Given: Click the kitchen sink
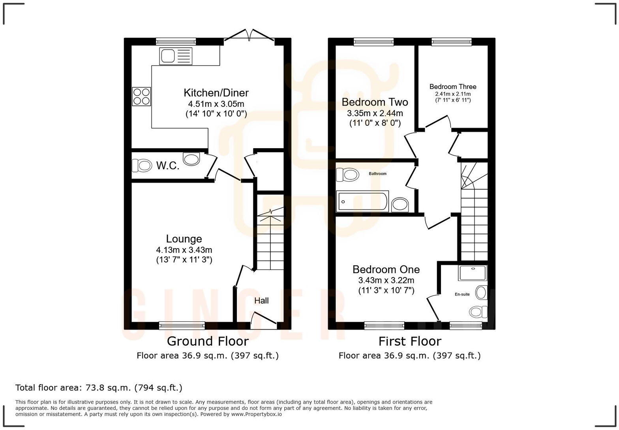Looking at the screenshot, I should point(176,56).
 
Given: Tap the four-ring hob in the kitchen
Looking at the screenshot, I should point(142,96).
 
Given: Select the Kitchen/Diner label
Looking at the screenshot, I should point(216,93).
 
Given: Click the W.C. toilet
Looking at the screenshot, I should point(142,165).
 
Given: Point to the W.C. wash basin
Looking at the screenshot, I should point(192,159).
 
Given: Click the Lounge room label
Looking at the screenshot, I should point(184,239).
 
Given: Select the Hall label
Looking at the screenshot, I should point(261,301).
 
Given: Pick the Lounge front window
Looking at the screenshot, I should point(182,326).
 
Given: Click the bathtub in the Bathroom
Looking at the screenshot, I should point(362,201).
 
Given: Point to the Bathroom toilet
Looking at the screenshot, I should point(347,174).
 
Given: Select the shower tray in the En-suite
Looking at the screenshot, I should point(473,273).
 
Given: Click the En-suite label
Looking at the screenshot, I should point(462,294).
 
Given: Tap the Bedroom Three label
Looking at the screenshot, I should point(453,87).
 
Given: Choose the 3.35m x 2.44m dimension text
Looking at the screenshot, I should point(375,113).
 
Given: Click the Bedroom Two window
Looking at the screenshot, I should point(373,41).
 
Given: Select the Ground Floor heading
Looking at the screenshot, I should point(208,341).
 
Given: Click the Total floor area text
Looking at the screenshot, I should point(99,388).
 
